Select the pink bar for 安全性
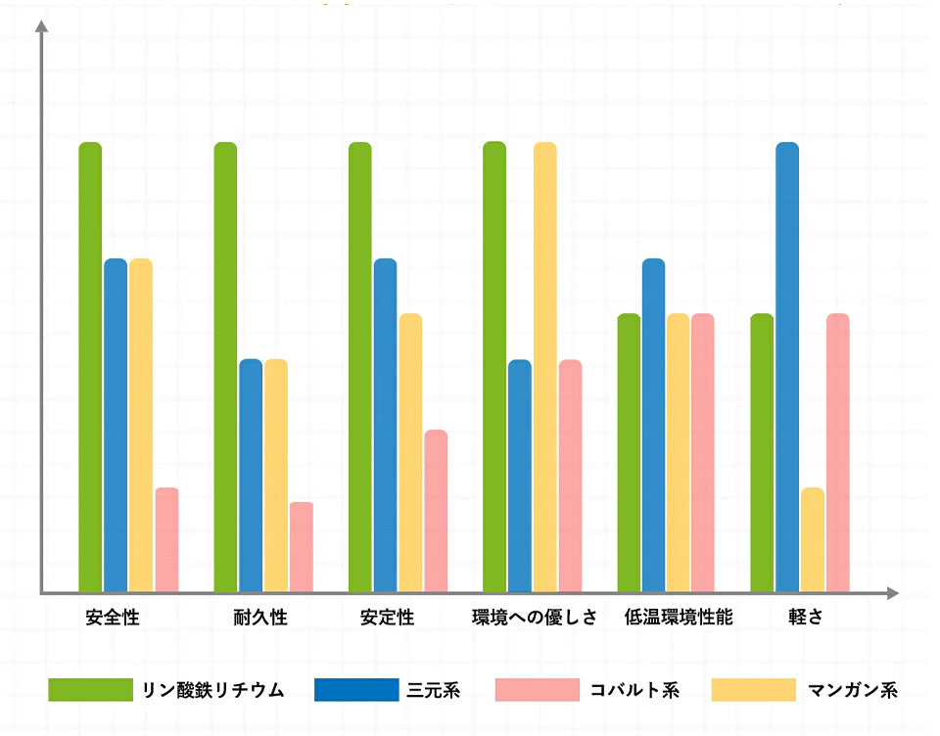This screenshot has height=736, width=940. (x=166, y=539)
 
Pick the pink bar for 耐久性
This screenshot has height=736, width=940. (x=301, y=547)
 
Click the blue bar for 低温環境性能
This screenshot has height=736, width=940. (x=653, y=425)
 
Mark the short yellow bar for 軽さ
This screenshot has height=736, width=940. (x=812, y=539)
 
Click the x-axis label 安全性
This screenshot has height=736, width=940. (x=113, y=619)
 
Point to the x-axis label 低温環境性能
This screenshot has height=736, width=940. (x=678, y=619)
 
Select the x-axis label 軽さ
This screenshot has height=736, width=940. (x=805, y=619)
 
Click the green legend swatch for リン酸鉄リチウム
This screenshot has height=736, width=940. (x=90, y=690)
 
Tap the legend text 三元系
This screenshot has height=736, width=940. (x=433, y=690)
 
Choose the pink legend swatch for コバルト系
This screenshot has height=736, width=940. (x=538, y=690)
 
